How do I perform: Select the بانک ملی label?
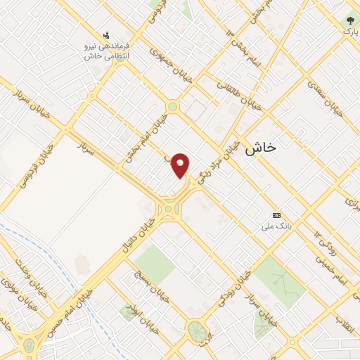(276, 226)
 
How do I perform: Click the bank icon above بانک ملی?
(276, 214)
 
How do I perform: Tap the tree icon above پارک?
(348, 21)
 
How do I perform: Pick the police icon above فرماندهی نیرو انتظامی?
(106, 34)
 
